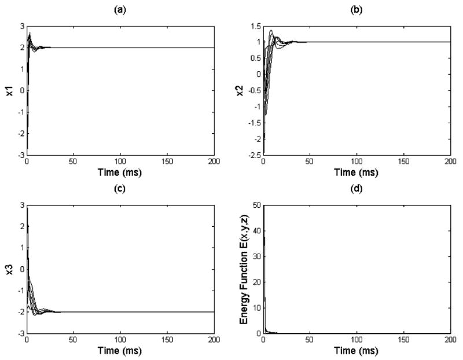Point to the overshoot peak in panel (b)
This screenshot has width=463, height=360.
pos(271,31)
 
